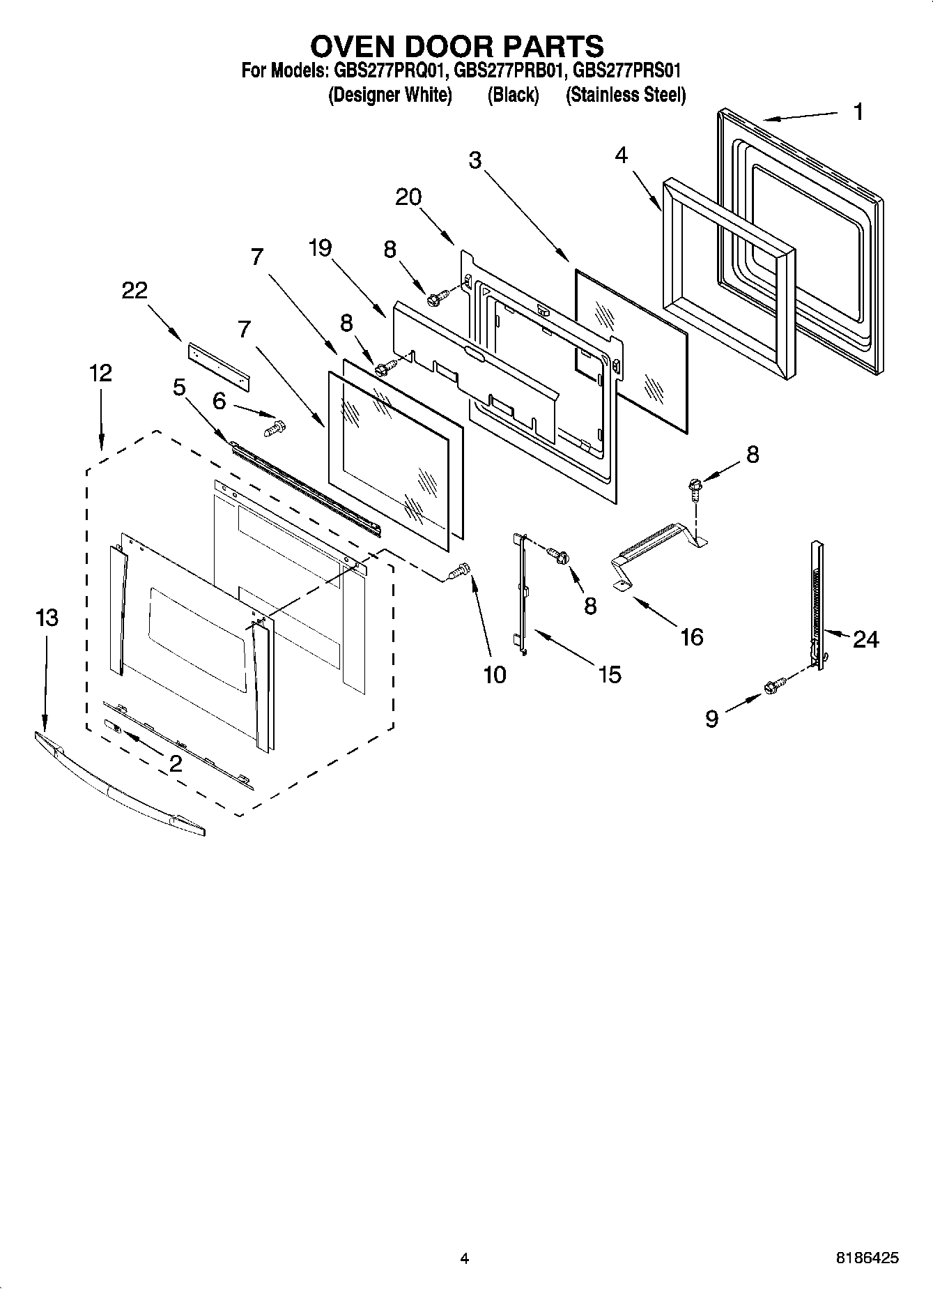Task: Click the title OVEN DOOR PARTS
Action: click(456, 46)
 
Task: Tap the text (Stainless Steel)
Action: click(625, 95)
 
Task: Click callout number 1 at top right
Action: click(858, 112)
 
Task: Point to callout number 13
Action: click(47, 618)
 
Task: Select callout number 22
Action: click(134, 290)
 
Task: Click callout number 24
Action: click(865, 639)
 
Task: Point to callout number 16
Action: click(691, 636)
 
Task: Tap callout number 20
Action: click(408, 197)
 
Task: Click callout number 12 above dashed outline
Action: click(100, 373)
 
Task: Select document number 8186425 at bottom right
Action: click(867, 1258)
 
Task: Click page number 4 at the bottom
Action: click(464, 1258)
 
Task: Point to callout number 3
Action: click(475, 160)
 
